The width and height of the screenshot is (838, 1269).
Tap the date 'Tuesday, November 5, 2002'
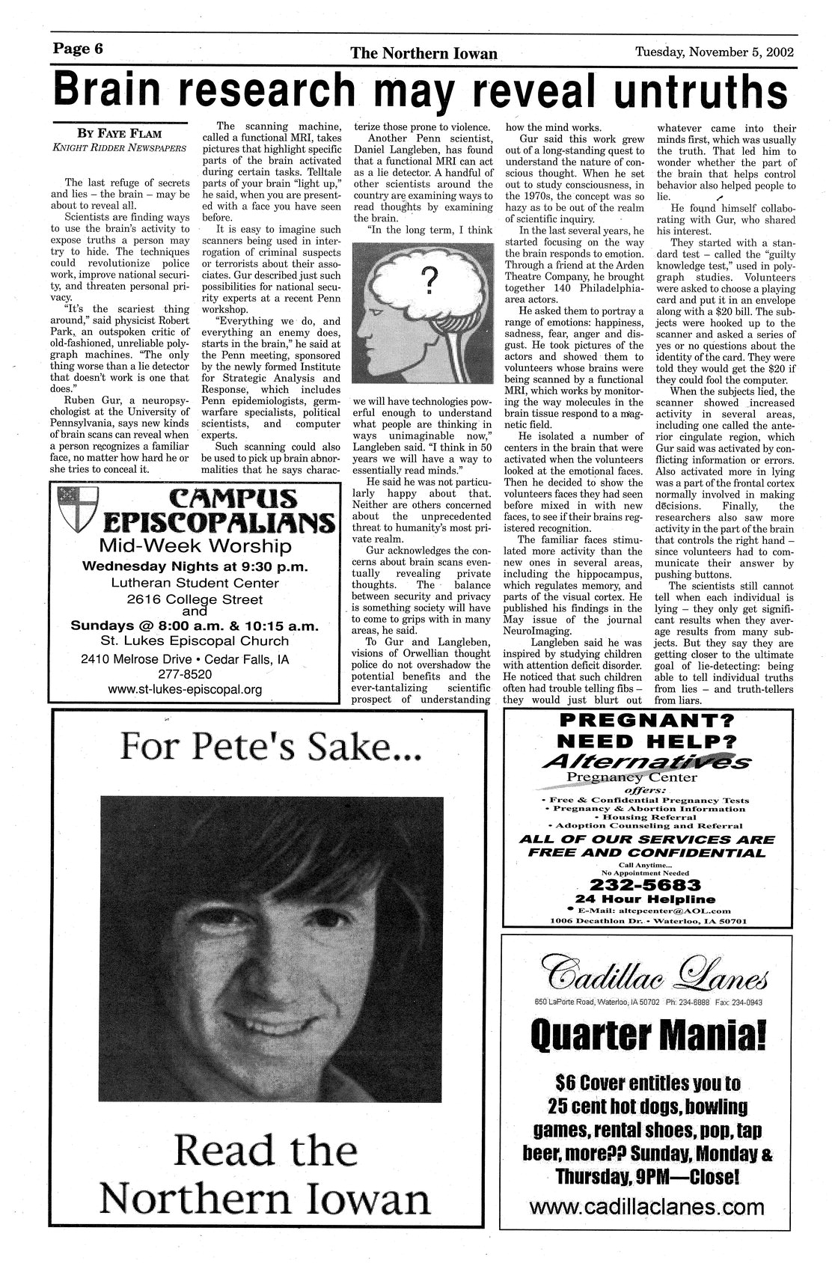click(714, 52)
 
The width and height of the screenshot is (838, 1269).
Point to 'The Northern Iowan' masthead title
click(424, 53)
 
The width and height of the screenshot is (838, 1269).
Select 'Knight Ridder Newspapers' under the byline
click(120, 147)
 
